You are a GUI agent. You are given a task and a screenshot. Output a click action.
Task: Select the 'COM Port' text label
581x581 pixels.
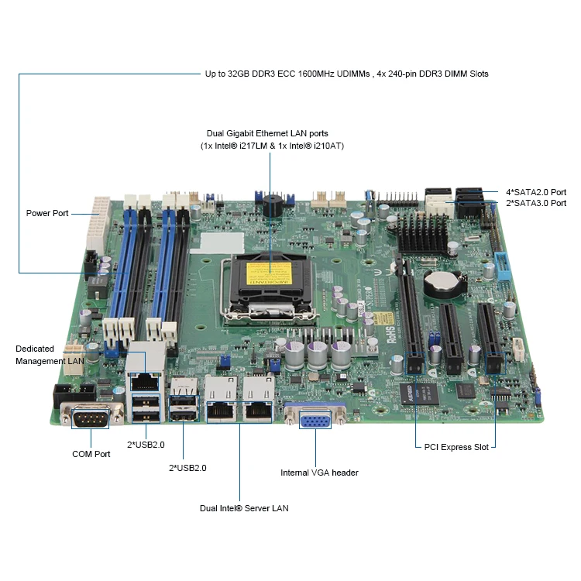(91, 454)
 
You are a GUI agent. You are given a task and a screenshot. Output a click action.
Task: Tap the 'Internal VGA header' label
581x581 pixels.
(319, 473)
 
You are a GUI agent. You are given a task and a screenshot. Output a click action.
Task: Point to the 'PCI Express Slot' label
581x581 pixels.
(456, 447)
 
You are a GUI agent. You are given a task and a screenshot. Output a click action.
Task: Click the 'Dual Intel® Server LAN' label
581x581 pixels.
(244, 508)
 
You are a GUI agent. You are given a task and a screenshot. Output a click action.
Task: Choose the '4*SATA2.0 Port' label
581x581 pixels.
(536, 191)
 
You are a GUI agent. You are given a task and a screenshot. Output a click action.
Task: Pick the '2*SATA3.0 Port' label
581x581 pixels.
(536, 203)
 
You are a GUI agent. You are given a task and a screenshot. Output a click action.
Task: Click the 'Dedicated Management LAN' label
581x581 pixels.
(50, 355)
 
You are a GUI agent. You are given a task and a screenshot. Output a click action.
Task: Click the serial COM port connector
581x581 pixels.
(91, 419)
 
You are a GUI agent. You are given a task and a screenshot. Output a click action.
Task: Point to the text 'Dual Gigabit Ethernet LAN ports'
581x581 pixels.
(267, 134)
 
